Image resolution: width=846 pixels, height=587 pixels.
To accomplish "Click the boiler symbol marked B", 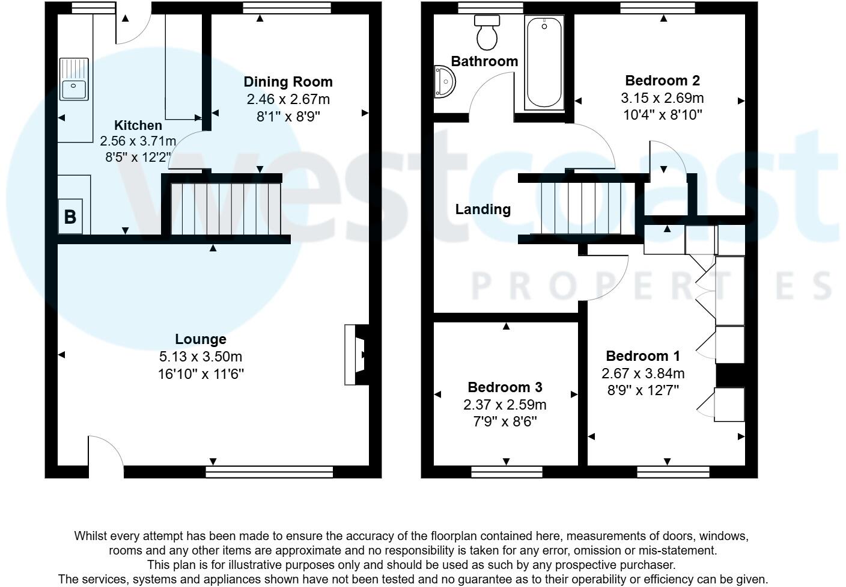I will click(x=70, y=217).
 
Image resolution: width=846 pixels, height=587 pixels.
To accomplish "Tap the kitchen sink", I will click(x=74, y=79).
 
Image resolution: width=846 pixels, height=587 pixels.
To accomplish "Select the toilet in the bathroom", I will click(x=487, y=32).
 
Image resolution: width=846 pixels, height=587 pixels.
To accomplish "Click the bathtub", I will click(x=544, y=63).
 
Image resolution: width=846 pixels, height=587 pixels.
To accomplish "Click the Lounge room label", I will click(x=201, y=339).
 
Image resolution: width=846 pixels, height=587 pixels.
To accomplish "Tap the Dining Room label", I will click(x=288, y=82).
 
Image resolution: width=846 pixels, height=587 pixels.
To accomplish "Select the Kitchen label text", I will click(x=138, y=125).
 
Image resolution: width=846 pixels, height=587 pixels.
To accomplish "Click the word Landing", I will click(x=482, y=209).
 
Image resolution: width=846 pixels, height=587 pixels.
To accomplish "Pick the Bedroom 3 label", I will click(x=505, y=387).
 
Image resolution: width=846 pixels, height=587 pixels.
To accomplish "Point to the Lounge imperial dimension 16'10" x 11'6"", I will click(x=201, y=374).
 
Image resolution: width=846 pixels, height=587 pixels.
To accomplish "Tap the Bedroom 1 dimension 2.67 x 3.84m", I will click(x=643, y=373).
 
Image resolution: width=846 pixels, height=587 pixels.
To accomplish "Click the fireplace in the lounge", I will click(x=356, y=355).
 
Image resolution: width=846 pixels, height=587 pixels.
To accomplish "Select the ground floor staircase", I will click(x=226, y=209).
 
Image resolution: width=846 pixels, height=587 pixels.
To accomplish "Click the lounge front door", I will click(x=106, y=454).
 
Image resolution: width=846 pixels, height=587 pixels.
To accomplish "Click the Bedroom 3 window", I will click(x=507, y=471).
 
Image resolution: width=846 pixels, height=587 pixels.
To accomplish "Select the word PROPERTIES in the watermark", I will click(x=652, y=286).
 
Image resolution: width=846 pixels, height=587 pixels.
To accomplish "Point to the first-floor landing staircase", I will click(x=580, y=207).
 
